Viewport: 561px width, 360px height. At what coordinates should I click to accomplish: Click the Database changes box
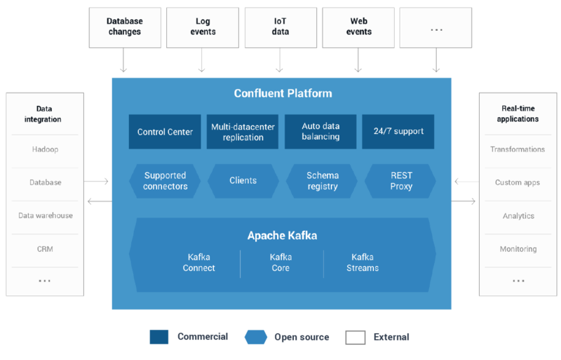pyautogui.click(x=124, y=27)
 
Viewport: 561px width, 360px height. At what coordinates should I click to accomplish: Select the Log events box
pyautogui.click(x=202, y=27)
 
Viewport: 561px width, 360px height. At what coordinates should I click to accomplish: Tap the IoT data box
pyautogui.click(x=280, y=27)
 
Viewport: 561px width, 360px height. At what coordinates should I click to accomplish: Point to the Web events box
pyautogui.click(x=358, y=27)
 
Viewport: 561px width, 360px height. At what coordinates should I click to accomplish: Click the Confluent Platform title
pyautogui.click(x=283, y=93)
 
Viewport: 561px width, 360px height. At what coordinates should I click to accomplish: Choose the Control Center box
pyautogui.click(x=165, y=132)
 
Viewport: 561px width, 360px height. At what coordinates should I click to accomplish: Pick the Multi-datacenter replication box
pyautogui.click(x=243, y=132)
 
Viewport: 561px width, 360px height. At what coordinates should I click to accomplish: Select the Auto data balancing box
pyautogui.click(x=320, y=132)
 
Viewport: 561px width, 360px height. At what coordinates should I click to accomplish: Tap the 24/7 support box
pyautogui.click(x=398, y=132)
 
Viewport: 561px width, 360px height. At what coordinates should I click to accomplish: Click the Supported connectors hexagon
pyautogui.click(x=165, y=181)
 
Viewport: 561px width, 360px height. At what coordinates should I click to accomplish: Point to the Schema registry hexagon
pyautogui.click(x=322, y=181)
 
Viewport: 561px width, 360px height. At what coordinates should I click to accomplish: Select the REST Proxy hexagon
pyautogui.click(x=401, y=181)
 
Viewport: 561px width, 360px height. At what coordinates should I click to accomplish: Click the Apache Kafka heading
pyautogui.click(x=282, y=236)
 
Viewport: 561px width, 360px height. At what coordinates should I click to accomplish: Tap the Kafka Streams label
pyautogui.click(x=363, y=262)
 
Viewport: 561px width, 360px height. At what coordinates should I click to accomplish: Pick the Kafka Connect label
pyautogui.click(x=199, y=262)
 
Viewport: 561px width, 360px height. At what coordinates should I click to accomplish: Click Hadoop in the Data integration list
pyautogui.click(x=45, y=149)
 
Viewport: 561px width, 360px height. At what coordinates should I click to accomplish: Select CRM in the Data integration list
pyautogui.click(x=45, y=249)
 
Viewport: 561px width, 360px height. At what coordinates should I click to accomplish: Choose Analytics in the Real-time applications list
pyautogui.click(x=518, y=216)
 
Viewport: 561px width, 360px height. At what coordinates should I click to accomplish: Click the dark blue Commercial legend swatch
pyautogui.click(x=159, y=337)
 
